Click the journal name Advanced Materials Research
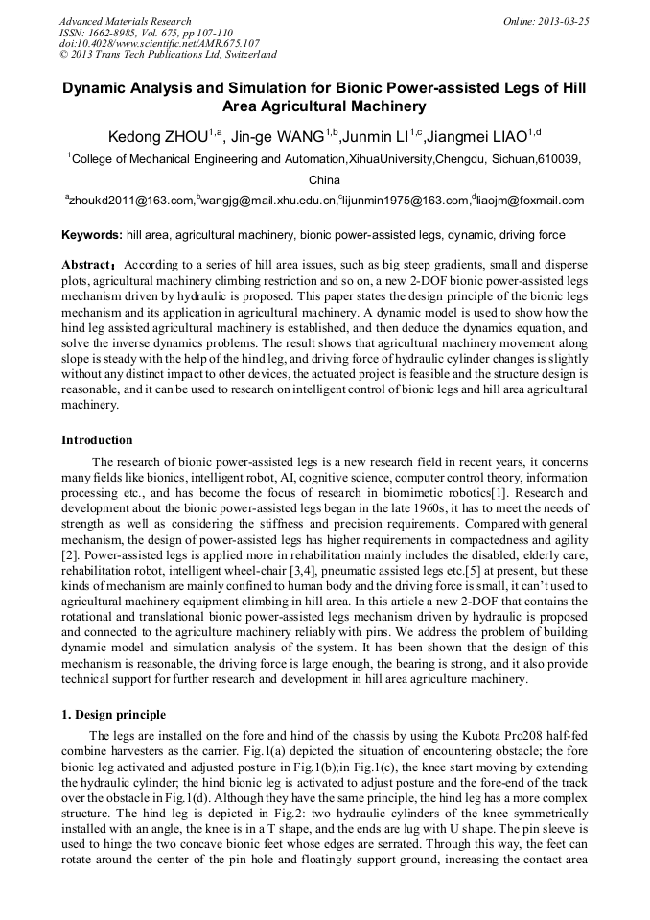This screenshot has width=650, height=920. [125, 21]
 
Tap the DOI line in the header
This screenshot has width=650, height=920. [159, 43]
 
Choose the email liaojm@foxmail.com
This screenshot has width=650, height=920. [530, 201]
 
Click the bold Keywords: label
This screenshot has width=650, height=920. [92, 235]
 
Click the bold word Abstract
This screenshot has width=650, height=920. [88, 264]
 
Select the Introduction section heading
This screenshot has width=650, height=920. [97, 440]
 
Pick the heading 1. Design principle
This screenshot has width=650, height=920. [113, 715]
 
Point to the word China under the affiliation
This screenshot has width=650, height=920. [324, 180]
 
